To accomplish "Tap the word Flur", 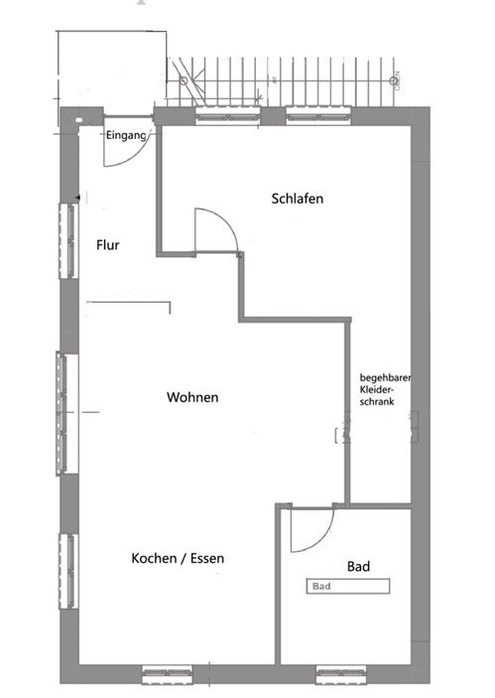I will click(x=108, y=244).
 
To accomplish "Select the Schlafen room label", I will click(x=298, y=199).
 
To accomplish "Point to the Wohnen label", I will click(x=192, y=397).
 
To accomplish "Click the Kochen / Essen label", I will click(x=178, y=559).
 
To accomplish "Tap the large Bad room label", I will click(x=358, y=566).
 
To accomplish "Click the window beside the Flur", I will click(x=68, y=241).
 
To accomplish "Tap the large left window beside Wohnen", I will click(x=67, y=411).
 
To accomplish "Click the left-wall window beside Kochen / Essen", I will click(x=68, y=570).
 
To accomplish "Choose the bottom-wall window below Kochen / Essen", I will click(x=167, y=675).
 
